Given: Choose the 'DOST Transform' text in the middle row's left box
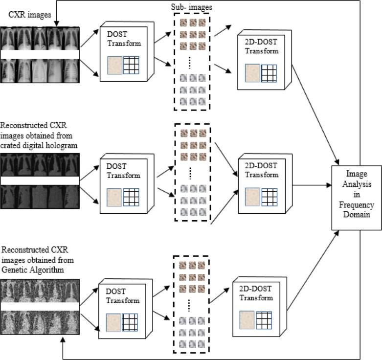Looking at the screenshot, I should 123,172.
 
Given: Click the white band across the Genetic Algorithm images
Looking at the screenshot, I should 39,307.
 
